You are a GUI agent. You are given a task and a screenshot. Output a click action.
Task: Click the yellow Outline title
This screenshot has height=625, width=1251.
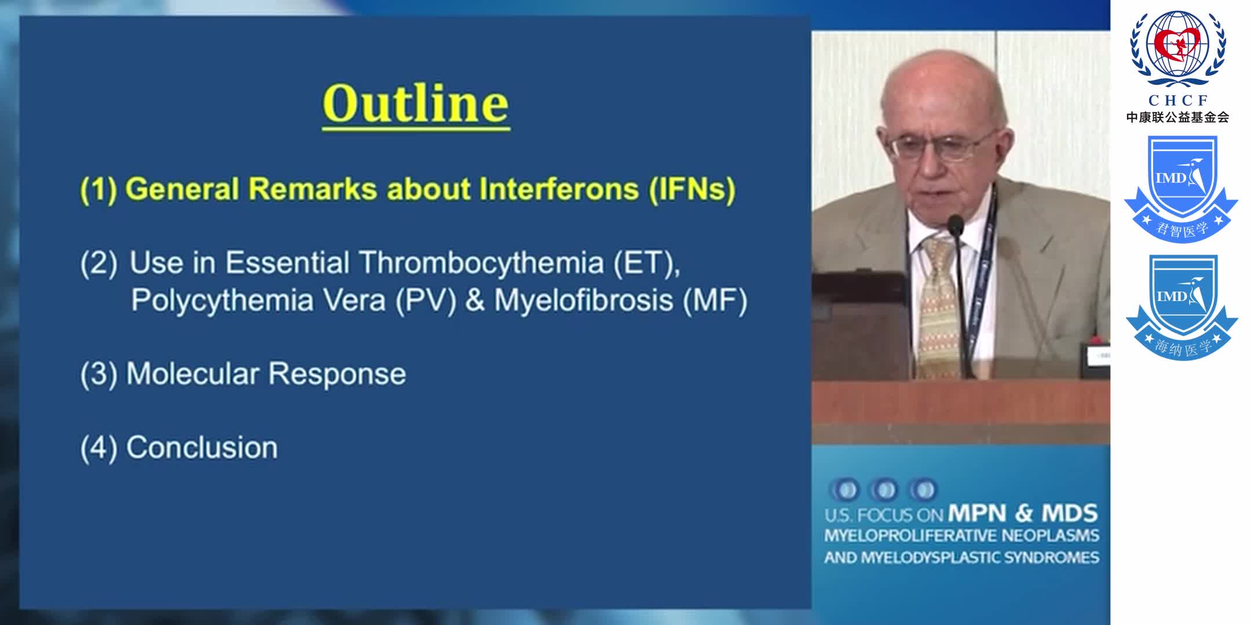pyautogui.click(x=415, y=104)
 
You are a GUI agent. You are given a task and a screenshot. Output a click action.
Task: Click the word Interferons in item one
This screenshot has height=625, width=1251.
pyautogui.click(x=559, y=189)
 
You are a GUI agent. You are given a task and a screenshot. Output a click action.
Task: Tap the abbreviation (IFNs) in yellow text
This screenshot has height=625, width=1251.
pyautogui.click(x=692, y=189)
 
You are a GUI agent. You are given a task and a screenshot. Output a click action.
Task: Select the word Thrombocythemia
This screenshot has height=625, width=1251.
pyautogui.click(x=481, y=263)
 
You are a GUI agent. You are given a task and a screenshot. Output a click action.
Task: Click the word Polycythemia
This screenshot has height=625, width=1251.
pyautogui.click(x=222, y=300)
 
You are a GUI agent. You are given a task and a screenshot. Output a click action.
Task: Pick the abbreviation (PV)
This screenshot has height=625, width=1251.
pyautogui.click(x=426, y=300)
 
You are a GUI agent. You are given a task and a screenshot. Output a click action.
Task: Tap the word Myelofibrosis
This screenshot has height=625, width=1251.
pyautogui.click(x=583, y=300)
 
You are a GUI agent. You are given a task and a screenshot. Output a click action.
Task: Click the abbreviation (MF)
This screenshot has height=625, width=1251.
pyautogui.click(x=715, y=300)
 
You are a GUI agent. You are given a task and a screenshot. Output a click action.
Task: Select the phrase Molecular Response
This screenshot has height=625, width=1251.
pyautogui.click(x=266, y=374)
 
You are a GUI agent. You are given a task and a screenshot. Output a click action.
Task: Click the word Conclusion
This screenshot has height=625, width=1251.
pyautogui.click(x=202, y=447)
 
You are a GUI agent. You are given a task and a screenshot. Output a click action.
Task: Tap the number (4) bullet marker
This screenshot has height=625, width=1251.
pyautogui.click(x=98, y=448)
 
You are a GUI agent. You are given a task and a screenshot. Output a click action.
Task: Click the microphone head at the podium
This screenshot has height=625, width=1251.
pyautogui.click(x=954, y=224)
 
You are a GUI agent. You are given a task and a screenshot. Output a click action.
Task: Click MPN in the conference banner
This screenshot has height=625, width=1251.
pyautogui.click(x=977, y=513)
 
